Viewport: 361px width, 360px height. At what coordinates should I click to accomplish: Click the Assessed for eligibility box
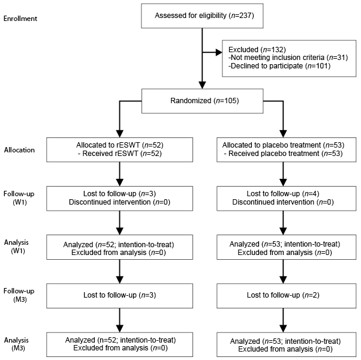tap(202, 16)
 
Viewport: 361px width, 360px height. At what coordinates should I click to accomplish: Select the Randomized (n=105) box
tap(202, 101)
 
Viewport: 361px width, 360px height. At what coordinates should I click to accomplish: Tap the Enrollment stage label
tap(20, 19)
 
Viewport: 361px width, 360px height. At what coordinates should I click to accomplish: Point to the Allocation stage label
tap(19, 150)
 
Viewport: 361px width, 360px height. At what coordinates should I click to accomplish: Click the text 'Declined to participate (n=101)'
tap(279, 66)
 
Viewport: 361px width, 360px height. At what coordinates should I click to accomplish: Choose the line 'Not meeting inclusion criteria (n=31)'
tap(288, 58)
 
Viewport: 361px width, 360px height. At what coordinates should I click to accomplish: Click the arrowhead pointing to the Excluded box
tap(219, 53)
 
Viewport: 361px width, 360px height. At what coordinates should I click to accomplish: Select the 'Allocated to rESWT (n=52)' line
tap(120, 145)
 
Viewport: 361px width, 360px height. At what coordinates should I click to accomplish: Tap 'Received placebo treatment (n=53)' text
tap(284, 154)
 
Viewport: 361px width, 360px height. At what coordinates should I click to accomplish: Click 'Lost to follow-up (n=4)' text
tap(283, 194)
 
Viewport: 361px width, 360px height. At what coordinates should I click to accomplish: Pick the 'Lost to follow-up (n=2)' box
tap(287, 296)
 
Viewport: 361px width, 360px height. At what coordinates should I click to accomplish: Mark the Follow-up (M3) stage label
tap(19, 295)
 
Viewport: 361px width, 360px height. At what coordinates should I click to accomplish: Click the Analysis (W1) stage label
tap(17, 247)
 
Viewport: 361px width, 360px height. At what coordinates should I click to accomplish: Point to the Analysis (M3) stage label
tap(17, 344)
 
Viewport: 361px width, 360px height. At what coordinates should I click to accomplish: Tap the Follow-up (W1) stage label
tap(19, 198)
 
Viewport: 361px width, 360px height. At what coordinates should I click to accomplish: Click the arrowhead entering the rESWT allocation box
tap(120, 134)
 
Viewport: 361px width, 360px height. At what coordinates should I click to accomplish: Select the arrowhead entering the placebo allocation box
tap(283, 134)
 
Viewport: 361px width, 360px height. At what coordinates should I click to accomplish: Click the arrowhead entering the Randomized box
tap(202, 85)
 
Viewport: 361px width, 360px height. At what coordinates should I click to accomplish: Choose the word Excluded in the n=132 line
tap(243, 50)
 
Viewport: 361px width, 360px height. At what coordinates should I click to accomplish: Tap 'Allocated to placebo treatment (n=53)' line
tap(284, 145)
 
